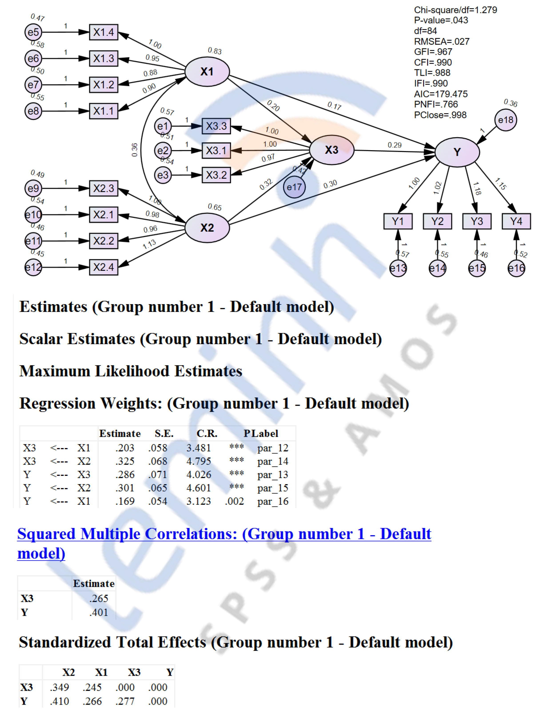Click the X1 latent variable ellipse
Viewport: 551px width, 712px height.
[207, 72]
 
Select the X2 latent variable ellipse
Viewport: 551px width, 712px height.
[207, 227]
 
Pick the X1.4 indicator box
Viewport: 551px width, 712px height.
[104, 32]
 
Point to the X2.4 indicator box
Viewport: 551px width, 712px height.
[104, 267]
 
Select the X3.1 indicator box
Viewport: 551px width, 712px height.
[216, 151]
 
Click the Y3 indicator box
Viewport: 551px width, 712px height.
[477, 221]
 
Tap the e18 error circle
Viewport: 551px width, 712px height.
[505, 120]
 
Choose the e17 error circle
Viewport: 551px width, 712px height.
[294, 187]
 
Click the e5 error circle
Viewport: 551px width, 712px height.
[33, 32]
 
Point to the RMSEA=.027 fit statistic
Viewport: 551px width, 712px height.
[441, 41]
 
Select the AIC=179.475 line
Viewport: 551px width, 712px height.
[441, 94]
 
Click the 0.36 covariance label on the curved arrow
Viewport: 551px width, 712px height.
[135, 150]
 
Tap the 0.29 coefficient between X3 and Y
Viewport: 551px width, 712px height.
[395, 145]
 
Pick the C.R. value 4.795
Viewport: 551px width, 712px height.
[199, 461]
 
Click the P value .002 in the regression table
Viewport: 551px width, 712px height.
[234, 501]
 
